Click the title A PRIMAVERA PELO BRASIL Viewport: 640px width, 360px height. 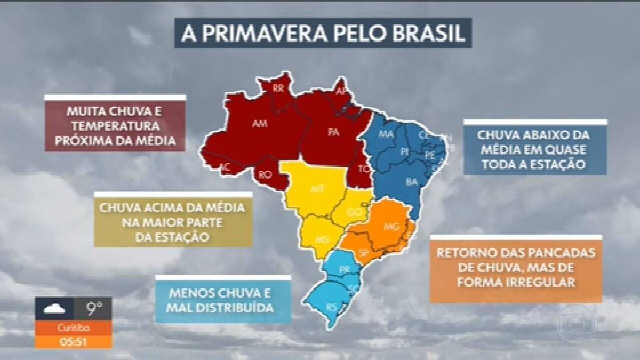click(323, 33)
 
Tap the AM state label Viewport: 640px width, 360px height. click(259, 124)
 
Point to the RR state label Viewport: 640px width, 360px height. click(278, 89)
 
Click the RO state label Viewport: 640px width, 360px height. click(265, 174)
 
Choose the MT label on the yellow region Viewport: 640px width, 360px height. click(316, 189)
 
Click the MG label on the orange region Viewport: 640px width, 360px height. click(391, 226)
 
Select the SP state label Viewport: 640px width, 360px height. click(365, 252)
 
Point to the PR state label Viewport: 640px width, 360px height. click(344, 269)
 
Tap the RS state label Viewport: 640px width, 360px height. click(331, 307)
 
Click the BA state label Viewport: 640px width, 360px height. click(411, 182)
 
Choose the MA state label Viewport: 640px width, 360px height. click(386, 134)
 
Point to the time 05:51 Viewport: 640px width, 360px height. click(73, 342)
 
